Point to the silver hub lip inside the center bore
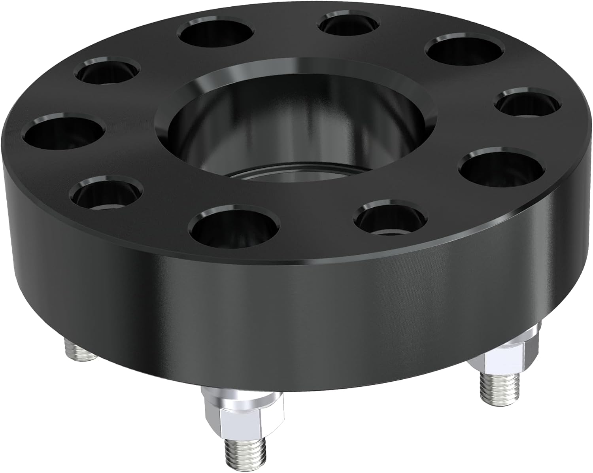pos(293,174)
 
